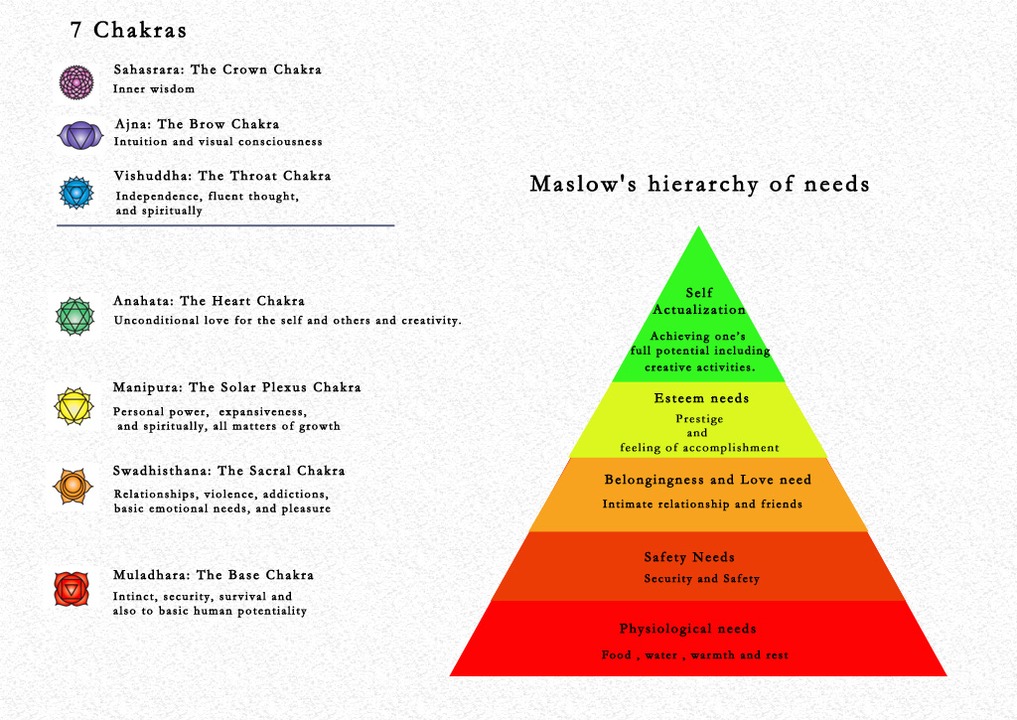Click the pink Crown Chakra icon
75,81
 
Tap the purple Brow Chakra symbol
76,135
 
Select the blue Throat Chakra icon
75,192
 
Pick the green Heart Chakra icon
75,317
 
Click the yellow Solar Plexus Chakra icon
75,406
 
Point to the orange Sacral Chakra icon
73,487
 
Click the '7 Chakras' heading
128,31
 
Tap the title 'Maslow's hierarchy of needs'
699,185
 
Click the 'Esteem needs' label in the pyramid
701,398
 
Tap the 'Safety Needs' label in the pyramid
689,557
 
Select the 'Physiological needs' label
687,629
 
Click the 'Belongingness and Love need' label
707,480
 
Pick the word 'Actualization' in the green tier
698,310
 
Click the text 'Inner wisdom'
154,89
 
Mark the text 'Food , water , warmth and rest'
695,655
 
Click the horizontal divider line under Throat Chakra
225,225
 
